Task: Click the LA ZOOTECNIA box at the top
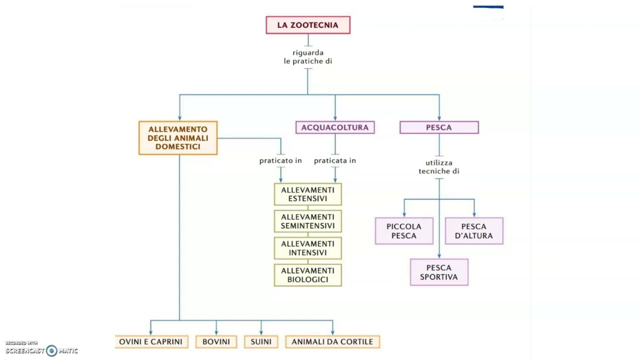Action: coord(308,25)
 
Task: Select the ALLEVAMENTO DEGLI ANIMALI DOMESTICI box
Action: coord(178,138)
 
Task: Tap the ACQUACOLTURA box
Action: coord(335,127)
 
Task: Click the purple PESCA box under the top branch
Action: coord(439,127)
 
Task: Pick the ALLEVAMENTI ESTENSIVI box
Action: coord(308,194)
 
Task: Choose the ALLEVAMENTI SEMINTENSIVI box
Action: coord(308,221)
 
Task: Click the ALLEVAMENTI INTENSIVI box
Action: coord(308,248)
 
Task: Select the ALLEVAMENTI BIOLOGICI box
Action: coord(308,275)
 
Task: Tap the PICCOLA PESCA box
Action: coord(404,231)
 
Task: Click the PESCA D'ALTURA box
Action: coord(474,231)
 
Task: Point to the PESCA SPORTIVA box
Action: coord(439,272)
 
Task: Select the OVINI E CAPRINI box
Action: coord(151,342)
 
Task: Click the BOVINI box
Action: coord(216,342)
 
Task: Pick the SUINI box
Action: coord(261,342)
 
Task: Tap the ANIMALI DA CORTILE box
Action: coord(332,342)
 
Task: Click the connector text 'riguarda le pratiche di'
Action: coord(308,57)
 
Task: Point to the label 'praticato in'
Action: coord(280,161)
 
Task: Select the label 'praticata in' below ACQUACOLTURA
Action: coord(335,161)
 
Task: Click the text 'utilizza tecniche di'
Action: coord(439,167)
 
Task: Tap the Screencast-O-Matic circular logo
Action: coord(51,351)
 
